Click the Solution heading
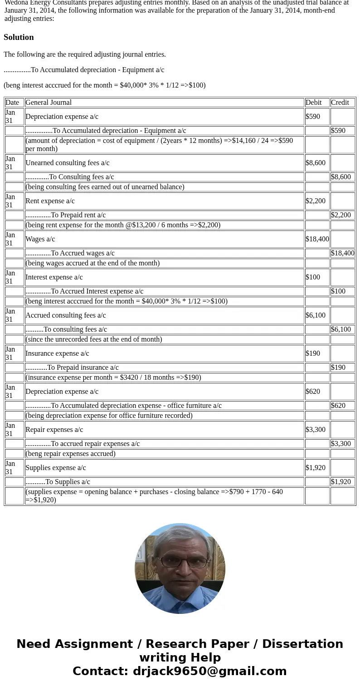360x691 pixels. tap(19, 37)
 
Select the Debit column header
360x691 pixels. tap(313, 103)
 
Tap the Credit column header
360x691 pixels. tap(340, 103)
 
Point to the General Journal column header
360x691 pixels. tap(49, 103)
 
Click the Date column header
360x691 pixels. tap(12, 103)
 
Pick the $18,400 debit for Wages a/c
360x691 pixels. tap(317, 239)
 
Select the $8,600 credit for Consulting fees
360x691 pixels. tap(341, 177)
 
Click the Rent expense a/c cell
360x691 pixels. tap(50, 201)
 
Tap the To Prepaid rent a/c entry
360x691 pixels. tap(65, 215)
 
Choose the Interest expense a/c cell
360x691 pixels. tap(54, 277)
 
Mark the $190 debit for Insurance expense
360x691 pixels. tap(312, 353)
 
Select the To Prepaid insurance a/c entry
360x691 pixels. tap(72, 368)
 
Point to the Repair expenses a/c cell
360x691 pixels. tap(54, 430)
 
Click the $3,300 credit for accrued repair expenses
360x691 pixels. tap(341, 444)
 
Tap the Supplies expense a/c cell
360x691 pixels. tap(55, 468)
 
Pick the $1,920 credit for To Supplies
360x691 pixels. tap(341, 482)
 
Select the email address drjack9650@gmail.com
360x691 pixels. tap(209, 671)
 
